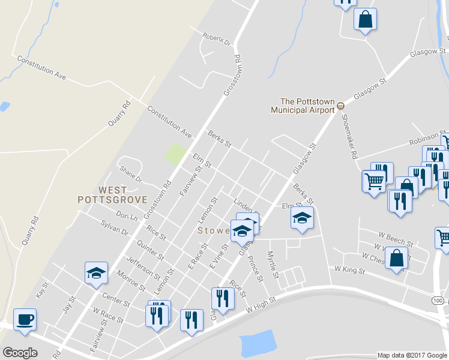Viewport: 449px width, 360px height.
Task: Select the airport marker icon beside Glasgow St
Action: pyautogui.click(x=340, y=106)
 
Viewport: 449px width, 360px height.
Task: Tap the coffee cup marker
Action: pyautogui.click(x=25, y=320)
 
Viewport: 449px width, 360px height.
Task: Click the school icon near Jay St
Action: pyautogui.click(x=96, y=274)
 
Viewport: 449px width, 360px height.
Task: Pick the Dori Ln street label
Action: pyautogui.click(x=127, y=214)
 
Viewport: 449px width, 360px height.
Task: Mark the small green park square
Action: pyautogui.click(x=175, y=154)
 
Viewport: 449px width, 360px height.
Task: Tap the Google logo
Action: pyautogui.click(x=20, y=353)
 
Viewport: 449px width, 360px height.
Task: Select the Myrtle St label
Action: pyautogui.click(x=274, y=265)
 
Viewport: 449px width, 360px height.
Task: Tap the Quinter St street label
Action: pyautogui.click(x=151, y=249)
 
